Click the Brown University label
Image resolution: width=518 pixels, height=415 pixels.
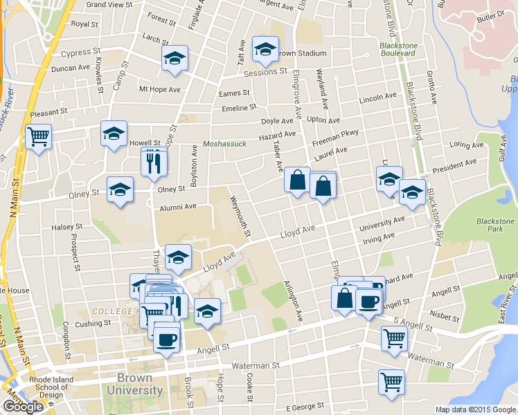135,385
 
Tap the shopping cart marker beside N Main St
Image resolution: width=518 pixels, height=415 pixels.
39,136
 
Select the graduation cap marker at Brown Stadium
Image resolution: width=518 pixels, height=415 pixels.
265,49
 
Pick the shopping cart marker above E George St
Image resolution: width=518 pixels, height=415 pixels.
391,382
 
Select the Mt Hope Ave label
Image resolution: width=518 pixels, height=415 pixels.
159,89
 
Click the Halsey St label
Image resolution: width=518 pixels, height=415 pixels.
67,226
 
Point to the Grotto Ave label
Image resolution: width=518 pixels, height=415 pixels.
433,89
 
